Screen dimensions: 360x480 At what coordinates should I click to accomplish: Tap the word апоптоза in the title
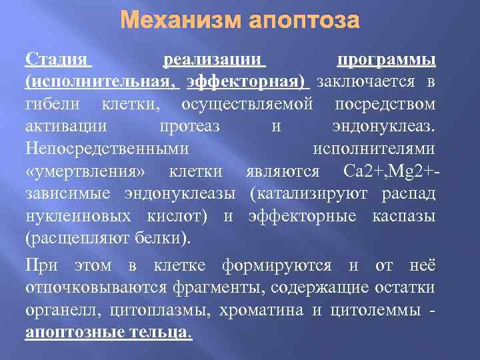pos(304,21)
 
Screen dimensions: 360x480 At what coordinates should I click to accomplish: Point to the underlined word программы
pos(387,60)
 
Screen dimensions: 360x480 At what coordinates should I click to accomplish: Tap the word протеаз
pos(194,127)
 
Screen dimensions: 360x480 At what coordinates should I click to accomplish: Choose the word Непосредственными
pos(106,149)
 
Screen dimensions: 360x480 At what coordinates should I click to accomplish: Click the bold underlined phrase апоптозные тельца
pos(108,333)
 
